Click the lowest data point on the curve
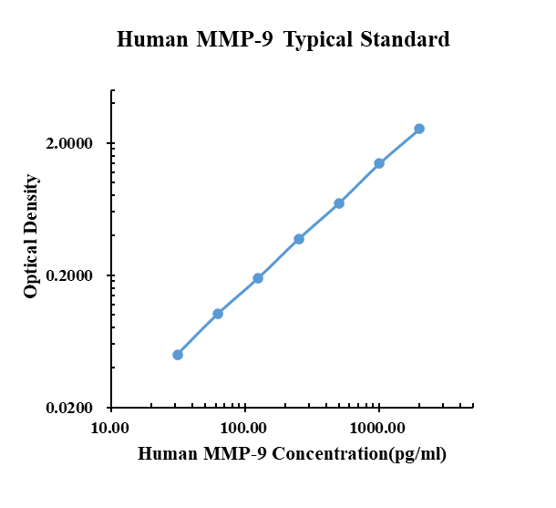178,355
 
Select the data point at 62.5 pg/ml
218,314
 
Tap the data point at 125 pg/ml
258,278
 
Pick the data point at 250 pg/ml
299,239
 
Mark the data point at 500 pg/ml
339,203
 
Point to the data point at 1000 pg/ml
379,163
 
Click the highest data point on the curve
419,129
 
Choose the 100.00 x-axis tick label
244,428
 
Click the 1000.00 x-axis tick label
377,428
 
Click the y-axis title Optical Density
32,236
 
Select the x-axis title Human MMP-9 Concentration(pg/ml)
292,453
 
